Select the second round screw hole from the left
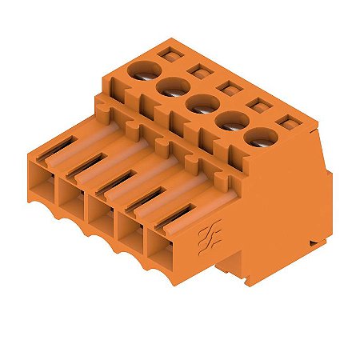(x=173, y=88)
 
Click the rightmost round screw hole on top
(x=258, y=138)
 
